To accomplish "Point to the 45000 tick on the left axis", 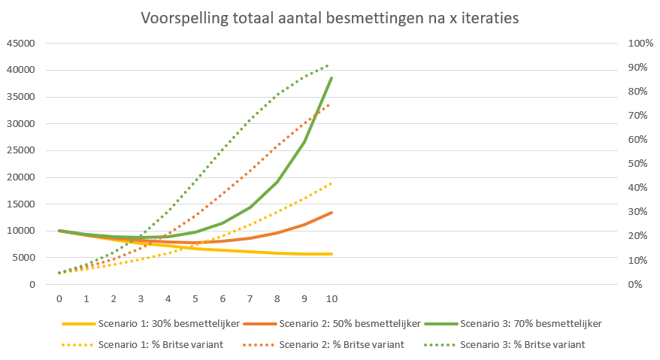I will coord(20,44).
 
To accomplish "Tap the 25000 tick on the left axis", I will coord(20,150).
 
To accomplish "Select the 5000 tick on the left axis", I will coord(23,258).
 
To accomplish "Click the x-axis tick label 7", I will coord(250,298).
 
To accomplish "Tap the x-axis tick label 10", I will coord(331,298).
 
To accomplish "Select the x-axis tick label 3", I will coord(141,298).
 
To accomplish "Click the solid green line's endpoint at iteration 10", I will coord(332,78).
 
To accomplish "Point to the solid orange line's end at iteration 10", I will coord(332,213).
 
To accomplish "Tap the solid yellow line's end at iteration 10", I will coord(332,254).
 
